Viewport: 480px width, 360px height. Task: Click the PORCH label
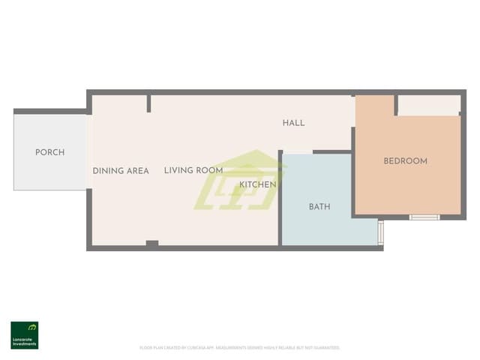click(x=49, y=152)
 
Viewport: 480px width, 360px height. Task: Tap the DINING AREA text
click(x=121, y=171)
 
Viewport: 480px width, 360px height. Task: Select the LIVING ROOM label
click(x=193, y=171)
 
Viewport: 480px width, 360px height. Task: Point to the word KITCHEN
click(x=258, y=184)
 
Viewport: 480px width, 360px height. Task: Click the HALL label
click(x=293, y=123)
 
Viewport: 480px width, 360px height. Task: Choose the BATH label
click(x=319, y=207)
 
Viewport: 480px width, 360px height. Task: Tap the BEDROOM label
click(x=405, y=161)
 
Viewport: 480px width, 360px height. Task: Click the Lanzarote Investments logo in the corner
click(x=24, y=335)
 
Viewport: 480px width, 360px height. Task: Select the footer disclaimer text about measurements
click(x=240, y=348)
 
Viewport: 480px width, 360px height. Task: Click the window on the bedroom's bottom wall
click(x=424, y=217)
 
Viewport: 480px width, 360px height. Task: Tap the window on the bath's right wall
click(x=381, y=232)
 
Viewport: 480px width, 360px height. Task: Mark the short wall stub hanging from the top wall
click(x=149, y=103)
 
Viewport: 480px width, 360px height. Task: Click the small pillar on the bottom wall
click(x=151, y=243)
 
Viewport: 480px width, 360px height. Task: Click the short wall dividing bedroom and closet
click(x=395, y=105)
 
